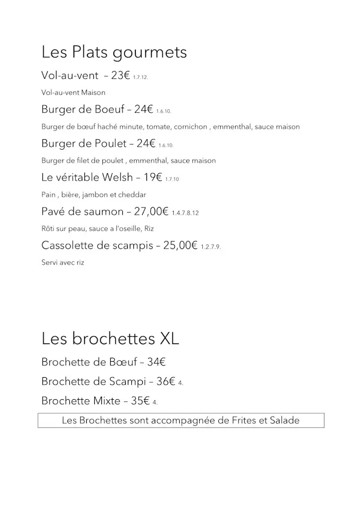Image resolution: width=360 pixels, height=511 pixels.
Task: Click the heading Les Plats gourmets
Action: [114, 52]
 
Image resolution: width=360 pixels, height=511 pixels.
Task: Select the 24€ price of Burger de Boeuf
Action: [143, 109]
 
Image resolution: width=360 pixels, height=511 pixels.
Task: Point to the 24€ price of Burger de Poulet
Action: [146, 143]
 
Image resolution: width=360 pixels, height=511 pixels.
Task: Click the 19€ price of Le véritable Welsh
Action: [153, 177]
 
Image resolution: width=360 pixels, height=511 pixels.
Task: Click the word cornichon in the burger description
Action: [192, 127]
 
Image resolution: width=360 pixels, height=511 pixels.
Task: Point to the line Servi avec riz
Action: [63, 262]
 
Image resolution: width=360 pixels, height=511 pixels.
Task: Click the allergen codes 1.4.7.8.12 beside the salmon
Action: [185, 213]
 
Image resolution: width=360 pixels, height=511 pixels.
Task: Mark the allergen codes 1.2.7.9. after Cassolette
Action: [211, 247]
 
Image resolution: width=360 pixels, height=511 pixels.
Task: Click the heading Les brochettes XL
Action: [110, 339]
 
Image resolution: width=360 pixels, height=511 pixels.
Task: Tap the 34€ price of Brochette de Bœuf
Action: [156, 362]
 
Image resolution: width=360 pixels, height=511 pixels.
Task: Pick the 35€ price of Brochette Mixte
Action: [140, 400]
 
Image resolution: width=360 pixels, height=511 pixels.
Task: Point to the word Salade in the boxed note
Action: [284, 420]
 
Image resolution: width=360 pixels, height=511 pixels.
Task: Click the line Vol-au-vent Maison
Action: [73, 93]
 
